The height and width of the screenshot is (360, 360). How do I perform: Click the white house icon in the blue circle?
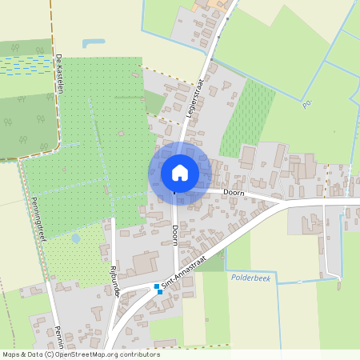click(180, 172)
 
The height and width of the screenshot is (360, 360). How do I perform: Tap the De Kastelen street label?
click(60, 74)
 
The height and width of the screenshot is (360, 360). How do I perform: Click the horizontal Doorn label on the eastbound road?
click(234, 193)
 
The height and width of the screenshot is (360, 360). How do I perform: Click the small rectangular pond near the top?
click(94, 42)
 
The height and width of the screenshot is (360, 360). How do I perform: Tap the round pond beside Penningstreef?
click(75, 238)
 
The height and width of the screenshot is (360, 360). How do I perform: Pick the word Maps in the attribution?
click(11, 354)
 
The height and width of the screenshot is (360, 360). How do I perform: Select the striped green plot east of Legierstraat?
click(249, 116)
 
